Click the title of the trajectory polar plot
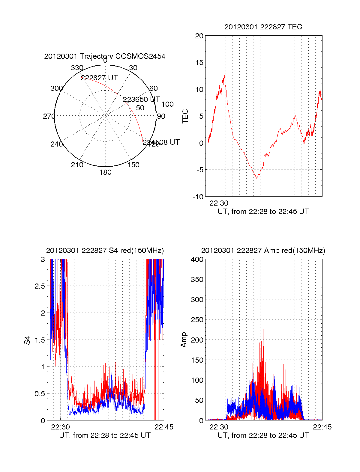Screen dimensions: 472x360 (105, 56)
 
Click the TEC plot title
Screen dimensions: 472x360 (263, 27)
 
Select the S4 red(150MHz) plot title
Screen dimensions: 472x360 (105, 251)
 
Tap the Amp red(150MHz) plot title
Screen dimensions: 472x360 (263, 251)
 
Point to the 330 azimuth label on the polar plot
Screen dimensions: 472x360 (77, 68)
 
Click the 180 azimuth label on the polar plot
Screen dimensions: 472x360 (105, 172)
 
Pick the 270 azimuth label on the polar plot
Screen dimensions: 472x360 (49, 116)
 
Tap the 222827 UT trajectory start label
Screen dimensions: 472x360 (99, 78)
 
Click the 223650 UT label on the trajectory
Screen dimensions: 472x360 (141, 99)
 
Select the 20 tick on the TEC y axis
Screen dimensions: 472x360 (199, 36)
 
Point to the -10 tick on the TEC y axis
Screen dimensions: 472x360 (198, 197)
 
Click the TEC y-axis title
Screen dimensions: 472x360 (185, 116)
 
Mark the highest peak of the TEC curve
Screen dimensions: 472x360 (225, 75)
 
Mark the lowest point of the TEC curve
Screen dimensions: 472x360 (256, 178)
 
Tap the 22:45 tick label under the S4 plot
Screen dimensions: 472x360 (164, 427)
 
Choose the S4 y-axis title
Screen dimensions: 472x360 (27, 340)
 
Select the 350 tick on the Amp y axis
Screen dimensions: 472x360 (197, 280)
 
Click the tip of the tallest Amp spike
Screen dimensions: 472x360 (262, 264)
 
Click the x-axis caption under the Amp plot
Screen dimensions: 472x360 (263, 435)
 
